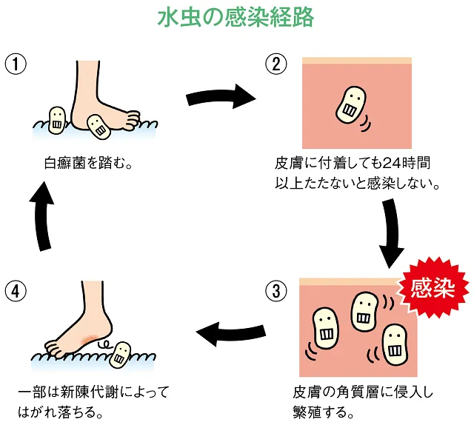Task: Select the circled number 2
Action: pos(276,64)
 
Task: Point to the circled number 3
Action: pos(276,291)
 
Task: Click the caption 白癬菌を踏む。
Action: pos(87,162)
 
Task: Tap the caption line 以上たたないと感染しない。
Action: pos(357,182)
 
